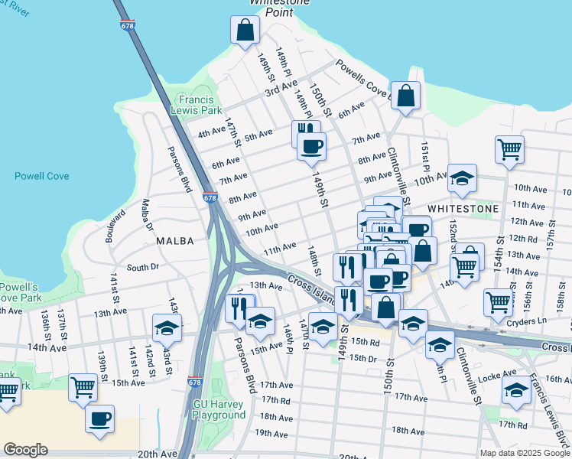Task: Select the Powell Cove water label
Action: click(x=41, y=176)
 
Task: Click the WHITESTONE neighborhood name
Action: click(x=463, y=208)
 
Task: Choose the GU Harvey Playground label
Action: click(x=219, y=409)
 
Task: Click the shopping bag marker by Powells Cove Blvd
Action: click(x=406, y=96)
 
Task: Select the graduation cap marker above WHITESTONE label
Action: click(x=462, y=178)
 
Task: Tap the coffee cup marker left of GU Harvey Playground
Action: click(x=99, y=418)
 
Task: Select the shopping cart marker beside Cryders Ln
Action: click(x=498, y=302)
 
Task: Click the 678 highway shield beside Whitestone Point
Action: click(x=127, y=26)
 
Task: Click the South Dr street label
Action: click(x=142, y=267)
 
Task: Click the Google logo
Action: click(x=26, y=450)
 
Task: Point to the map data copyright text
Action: click(x=524, y=453)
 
